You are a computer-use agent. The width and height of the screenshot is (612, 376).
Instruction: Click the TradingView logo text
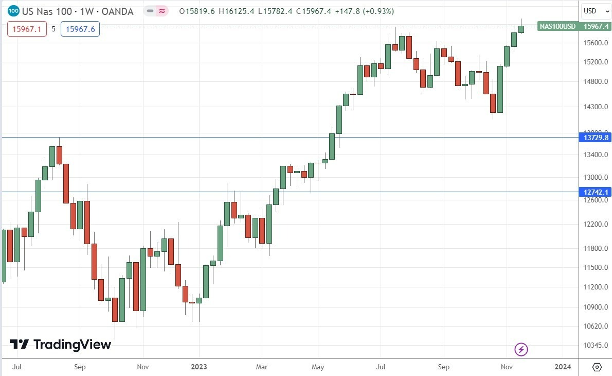[x=72, y=345]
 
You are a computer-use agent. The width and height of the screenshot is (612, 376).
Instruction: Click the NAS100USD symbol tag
[x=557, y=26]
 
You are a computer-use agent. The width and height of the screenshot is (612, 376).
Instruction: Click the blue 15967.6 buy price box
[x=80, y=29]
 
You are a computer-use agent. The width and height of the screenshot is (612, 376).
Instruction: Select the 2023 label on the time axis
[x=199, y=367]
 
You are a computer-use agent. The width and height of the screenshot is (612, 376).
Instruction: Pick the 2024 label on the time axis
[x=563, y=367]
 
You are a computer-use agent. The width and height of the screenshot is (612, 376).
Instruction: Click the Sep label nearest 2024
[x=444, y=367]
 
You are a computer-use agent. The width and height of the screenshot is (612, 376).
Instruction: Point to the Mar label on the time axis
[x=261, y=367]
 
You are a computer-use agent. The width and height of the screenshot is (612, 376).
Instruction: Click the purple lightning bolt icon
[x=521, y=350]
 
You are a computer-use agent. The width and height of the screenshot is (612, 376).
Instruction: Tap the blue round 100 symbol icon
[x=14, y=11]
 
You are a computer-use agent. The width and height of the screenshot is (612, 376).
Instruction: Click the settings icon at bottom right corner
[x=597, y=367]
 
